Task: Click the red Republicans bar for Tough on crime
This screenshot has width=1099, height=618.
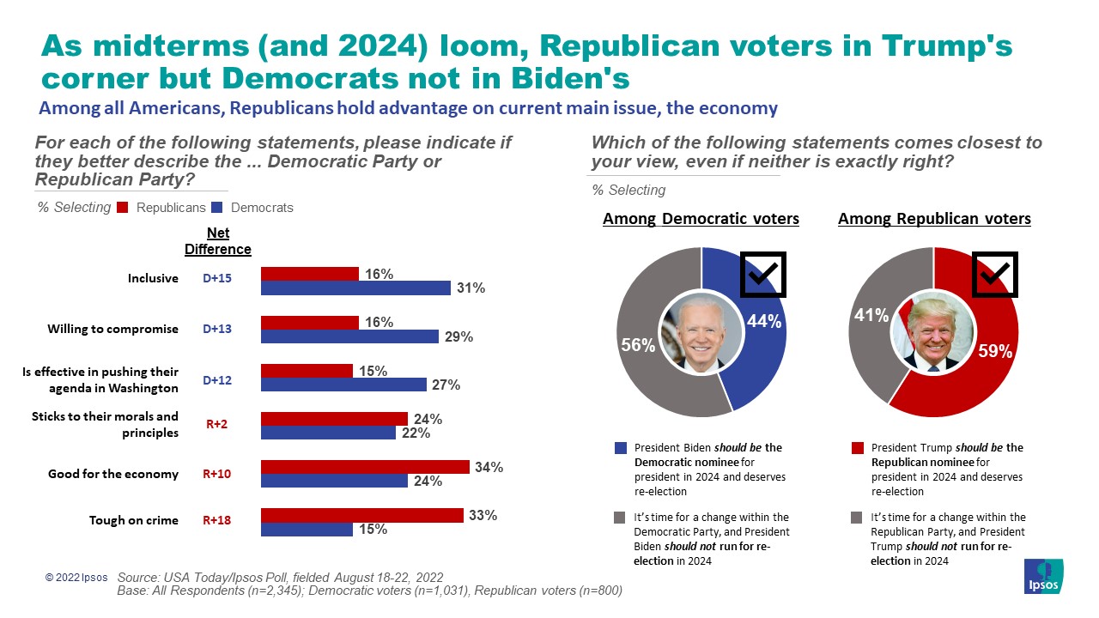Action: click(361, 515)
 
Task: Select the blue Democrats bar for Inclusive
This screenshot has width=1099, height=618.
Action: click(355, 288)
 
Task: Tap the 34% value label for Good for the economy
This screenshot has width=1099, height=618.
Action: click(488, 467)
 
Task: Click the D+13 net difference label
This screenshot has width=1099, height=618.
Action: click(217, 329)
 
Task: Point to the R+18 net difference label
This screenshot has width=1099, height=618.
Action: click(217, 520)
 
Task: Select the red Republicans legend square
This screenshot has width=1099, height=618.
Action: click(122, 207)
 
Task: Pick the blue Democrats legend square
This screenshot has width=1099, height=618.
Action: click(216, 207)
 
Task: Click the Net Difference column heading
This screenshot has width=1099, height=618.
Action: click(218, 241)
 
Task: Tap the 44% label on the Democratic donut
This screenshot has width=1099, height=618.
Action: click(764, 322)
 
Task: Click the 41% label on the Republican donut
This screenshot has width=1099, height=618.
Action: click(871, 315)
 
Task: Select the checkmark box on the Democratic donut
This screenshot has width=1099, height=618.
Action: click(762, 275)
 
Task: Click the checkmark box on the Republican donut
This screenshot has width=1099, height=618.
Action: click(994, 274)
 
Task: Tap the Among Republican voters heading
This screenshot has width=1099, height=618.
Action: click(934, 219)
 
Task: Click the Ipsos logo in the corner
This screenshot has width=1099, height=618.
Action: click(1043, 576)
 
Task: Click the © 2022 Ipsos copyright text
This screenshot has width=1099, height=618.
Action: click(77, 579)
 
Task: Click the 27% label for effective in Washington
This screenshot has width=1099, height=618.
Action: click(446, 385)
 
